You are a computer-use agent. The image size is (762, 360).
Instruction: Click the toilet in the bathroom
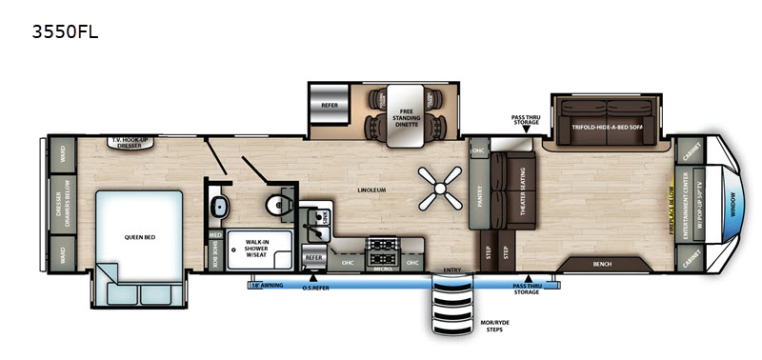click(278, 201)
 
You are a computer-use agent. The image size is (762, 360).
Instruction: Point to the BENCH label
click(602, 264)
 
